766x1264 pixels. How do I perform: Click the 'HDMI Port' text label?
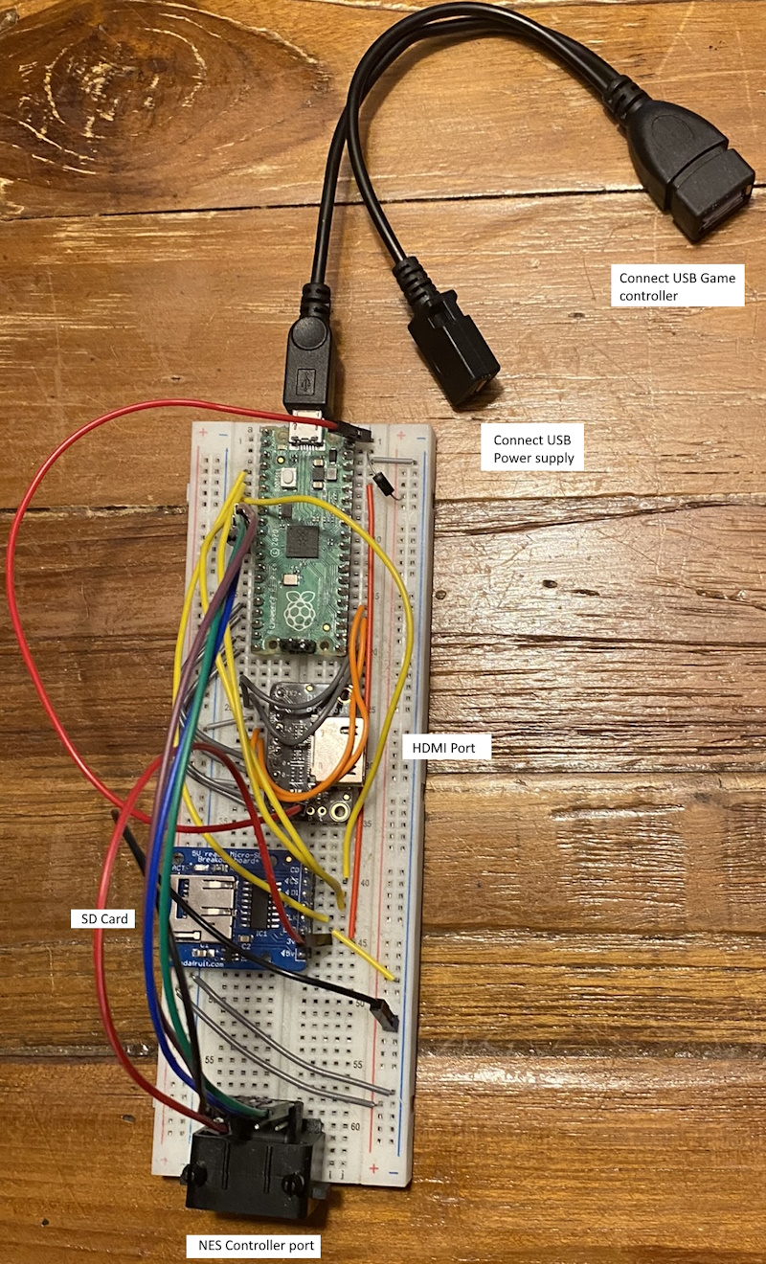(x=447, y=747)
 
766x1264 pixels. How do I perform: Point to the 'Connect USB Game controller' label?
(x=677, y=286)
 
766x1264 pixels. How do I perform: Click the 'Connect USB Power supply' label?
(x=533, y=449)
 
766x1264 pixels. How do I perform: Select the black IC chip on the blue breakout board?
(x=260, y=912)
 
